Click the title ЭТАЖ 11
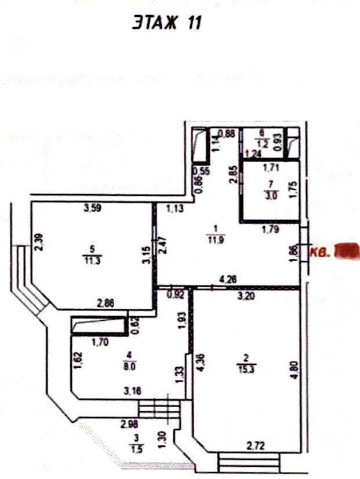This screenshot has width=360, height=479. pyautogui.click(x=166, y=23)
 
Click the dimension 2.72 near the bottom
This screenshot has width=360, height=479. pyautogui.click(x=256, y=445)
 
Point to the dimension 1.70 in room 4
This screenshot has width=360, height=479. pyautogui.click(x=100, y=341)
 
